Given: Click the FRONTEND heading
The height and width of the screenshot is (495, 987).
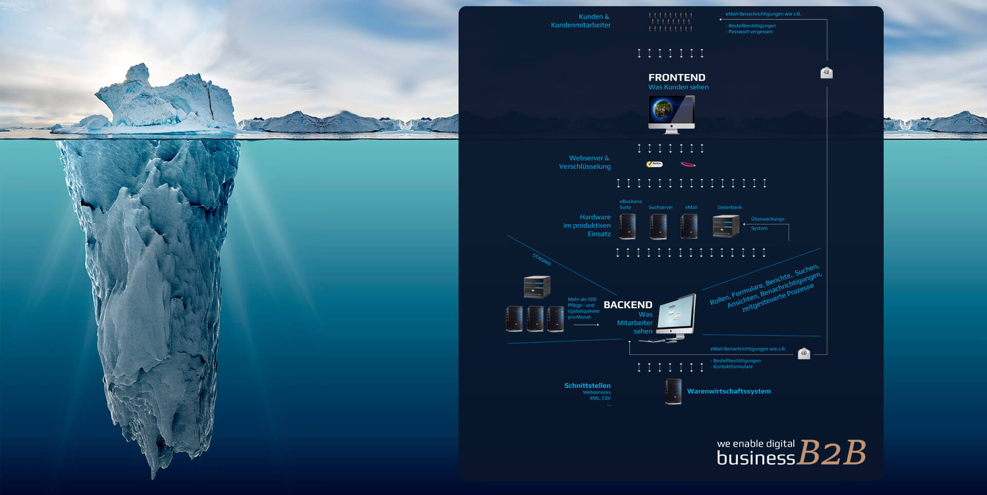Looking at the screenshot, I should click(677, 78).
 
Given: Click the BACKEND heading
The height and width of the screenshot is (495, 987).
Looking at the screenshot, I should click(628, 305).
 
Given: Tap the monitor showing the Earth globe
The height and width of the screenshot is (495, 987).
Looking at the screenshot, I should click(671, 114).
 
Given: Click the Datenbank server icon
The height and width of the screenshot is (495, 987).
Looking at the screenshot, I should click(725, 226).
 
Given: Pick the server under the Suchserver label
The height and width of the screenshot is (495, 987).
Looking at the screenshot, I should click(659, 226).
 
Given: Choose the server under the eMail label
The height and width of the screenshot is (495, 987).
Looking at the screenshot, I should click(689, 226).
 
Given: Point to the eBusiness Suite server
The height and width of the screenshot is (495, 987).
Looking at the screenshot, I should click(628, 226).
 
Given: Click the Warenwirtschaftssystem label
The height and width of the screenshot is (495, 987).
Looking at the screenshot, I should click(728, 391).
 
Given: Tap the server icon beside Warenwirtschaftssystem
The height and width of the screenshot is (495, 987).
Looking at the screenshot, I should click(673, 392).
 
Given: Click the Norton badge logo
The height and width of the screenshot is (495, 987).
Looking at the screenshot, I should click(654, 164).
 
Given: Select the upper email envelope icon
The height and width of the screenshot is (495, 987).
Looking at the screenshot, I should click(826, 72).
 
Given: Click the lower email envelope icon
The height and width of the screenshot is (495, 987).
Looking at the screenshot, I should click(804, 353).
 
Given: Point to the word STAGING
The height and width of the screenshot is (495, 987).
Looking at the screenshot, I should click(541, 260).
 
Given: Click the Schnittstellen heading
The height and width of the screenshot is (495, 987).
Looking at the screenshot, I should click(587, 386).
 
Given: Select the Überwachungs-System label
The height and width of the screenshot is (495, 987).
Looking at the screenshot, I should click(767, 224).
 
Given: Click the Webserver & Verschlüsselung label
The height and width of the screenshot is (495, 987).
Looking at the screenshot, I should click(585, 162).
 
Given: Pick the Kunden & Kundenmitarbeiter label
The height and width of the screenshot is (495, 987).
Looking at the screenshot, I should click(581, 21).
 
